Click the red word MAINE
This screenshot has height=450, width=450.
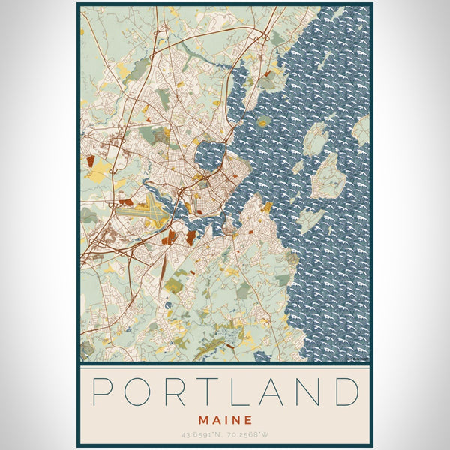click(225, 421)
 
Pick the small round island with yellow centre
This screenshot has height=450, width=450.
click(263, 121)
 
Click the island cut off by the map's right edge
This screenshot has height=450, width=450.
click(362, 130)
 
